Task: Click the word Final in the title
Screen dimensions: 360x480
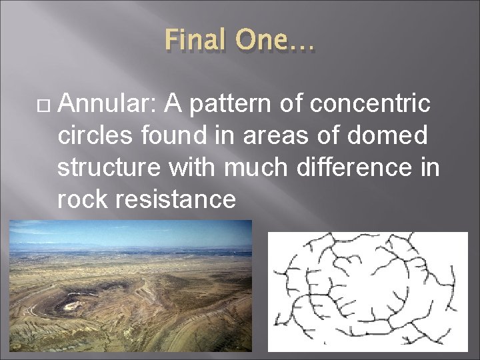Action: (193, 41)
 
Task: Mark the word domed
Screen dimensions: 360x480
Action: (393, 135)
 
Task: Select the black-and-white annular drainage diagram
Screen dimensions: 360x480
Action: (367, 291)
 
